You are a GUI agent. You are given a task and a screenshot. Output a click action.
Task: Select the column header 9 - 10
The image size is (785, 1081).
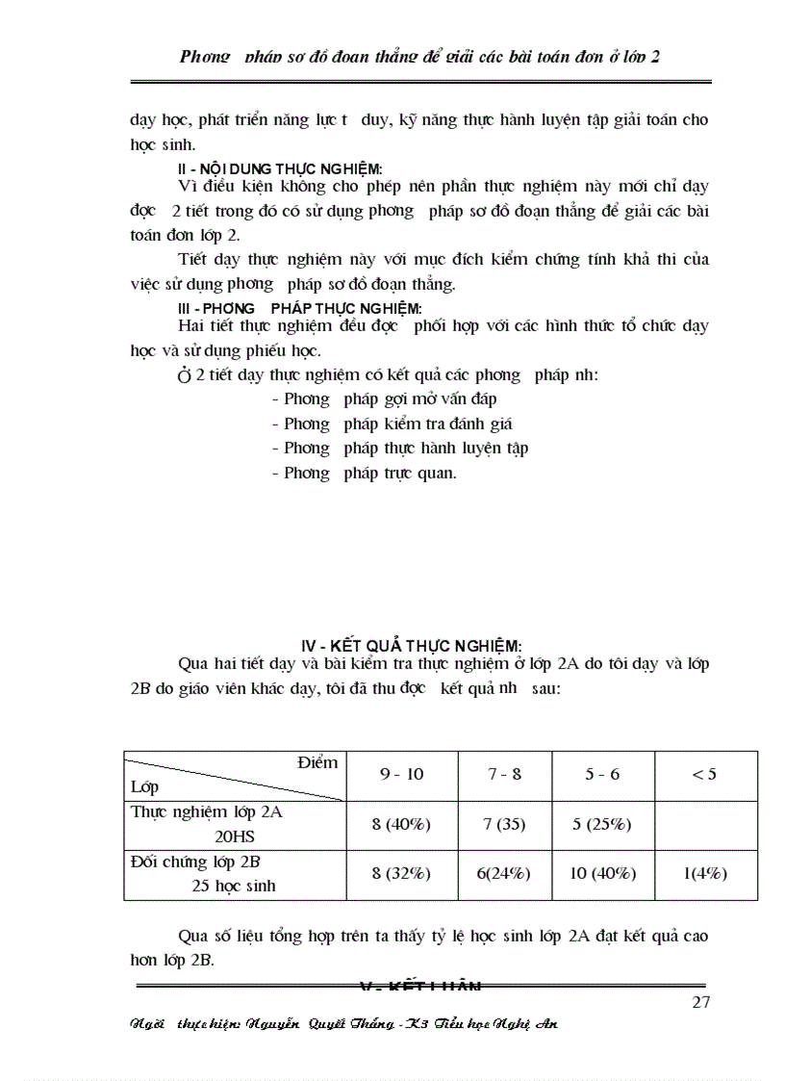coord(401,774)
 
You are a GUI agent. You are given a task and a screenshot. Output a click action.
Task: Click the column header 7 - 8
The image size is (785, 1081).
coord(504,774)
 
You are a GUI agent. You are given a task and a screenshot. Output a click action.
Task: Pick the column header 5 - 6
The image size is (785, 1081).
coord(602,774)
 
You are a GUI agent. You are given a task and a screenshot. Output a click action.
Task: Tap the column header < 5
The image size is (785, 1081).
coord(704,774)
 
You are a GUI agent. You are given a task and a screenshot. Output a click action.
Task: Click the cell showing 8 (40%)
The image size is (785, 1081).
coord(401,824)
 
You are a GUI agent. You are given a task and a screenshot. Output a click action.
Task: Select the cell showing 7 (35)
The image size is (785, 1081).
coord(504,824)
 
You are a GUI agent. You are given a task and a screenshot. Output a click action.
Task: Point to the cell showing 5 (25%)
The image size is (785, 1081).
coord(602,824)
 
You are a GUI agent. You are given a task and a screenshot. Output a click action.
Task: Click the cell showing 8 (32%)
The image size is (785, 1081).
coord(401,873)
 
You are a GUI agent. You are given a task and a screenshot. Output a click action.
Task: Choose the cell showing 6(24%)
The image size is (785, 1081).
coord(504,873)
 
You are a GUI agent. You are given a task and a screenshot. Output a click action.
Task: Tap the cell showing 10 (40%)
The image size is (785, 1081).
coord(602,873)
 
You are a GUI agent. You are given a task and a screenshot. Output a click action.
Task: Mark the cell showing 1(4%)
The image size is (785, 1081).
coord(704,873)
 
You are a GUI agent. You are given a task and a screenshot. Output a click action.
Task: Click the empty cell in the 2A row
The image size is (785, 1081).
coord(704,825)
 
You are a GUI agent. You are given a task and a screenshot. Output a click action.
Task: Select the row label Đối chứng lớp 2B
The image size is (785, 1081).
coord(196,862)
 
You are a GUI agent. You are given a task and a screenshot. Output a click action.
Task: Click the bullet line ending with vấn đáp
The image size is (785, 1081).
coord(384,398)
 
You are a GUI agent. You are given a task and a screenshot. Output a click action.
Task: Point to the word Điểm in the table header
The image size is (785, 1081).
coord(317,762)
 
